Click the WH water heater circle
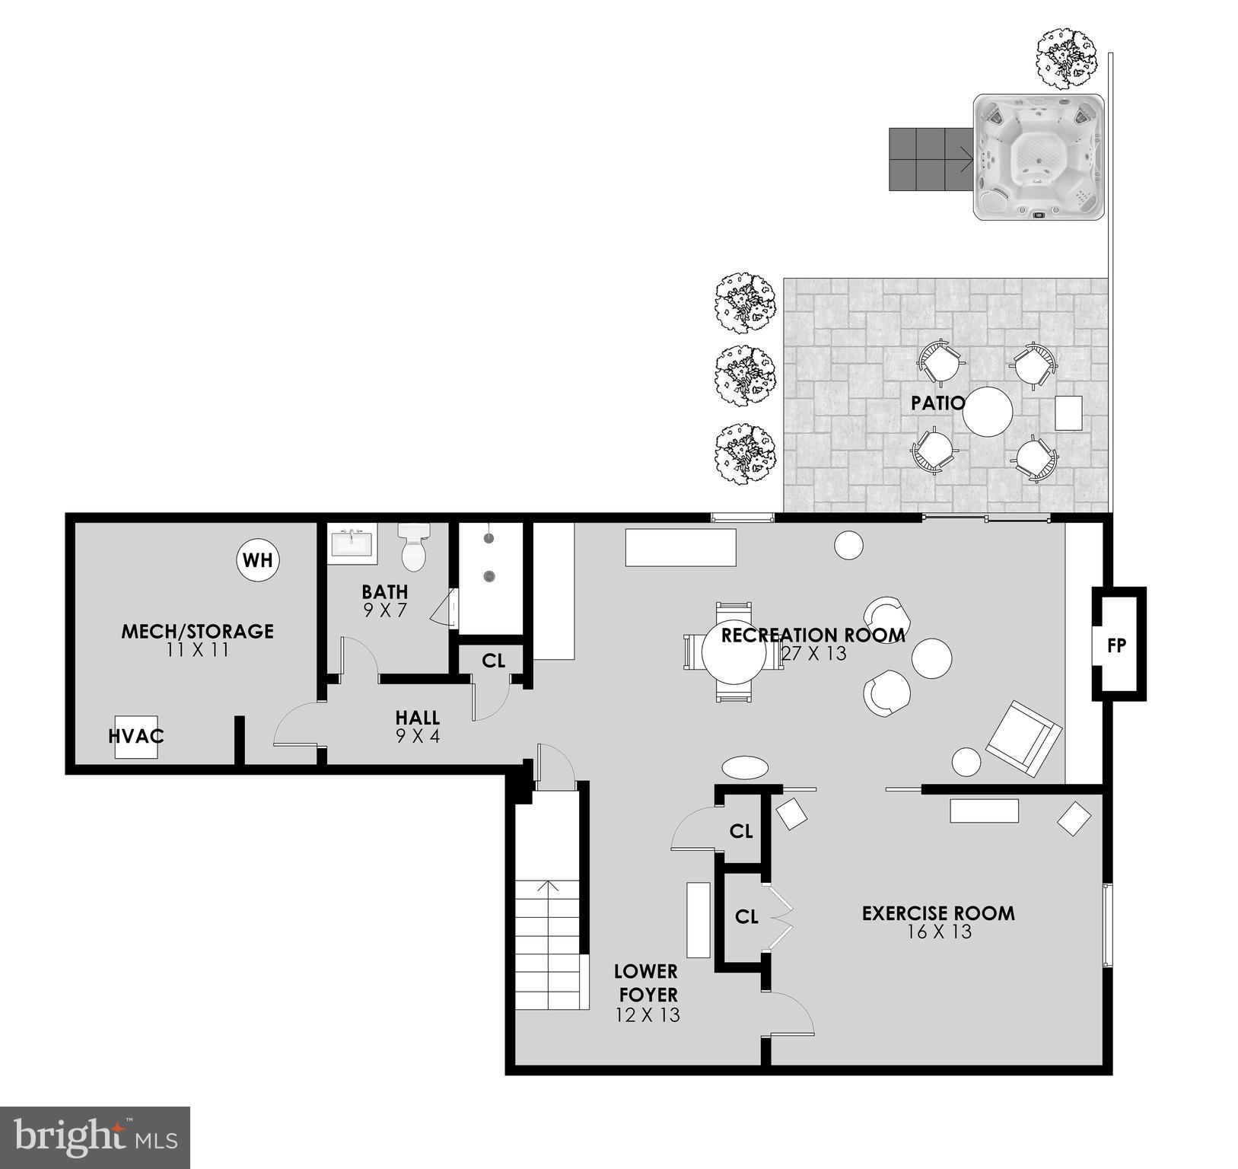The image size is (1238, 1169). pyautogui.click(x=257, y=561)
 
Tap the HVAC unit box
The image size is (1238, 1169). pyautogui.click(x=136, y=737)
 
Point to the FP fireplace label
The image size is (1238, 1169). pyautogui.click(x=1116, y=646)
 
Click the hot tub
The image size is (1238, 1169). pyautogui.click(x=1039, y=158)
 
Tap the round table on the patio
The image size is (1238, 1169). pyautogui.click(x=988, y=412)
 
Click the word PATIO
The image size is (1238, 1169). pyautogui.click(x=937, y=403)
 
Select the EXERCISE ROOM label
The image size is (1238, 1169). pyautogui.click(x=938, y=913)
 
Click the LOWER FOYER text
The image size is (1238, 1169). pyautogui.click(x=646, y=983)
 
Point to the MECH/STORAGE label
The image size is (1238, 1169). pyautogui.click(x=197, y=631)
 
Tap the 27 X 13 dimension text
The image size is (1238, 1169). pyautogui.click(x=814, y=654)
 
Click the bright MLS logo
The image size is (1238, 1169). pyautogui.click(x=95, y=1138)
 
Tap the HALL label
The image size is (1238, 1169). pyautogui.click(x=417, y=718)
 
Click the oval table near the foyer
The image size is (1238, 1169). pyautogui.click(x=745, y=767)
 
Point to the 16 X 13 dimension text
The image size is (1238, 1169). pyautogui.click(x=939, y=932)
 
